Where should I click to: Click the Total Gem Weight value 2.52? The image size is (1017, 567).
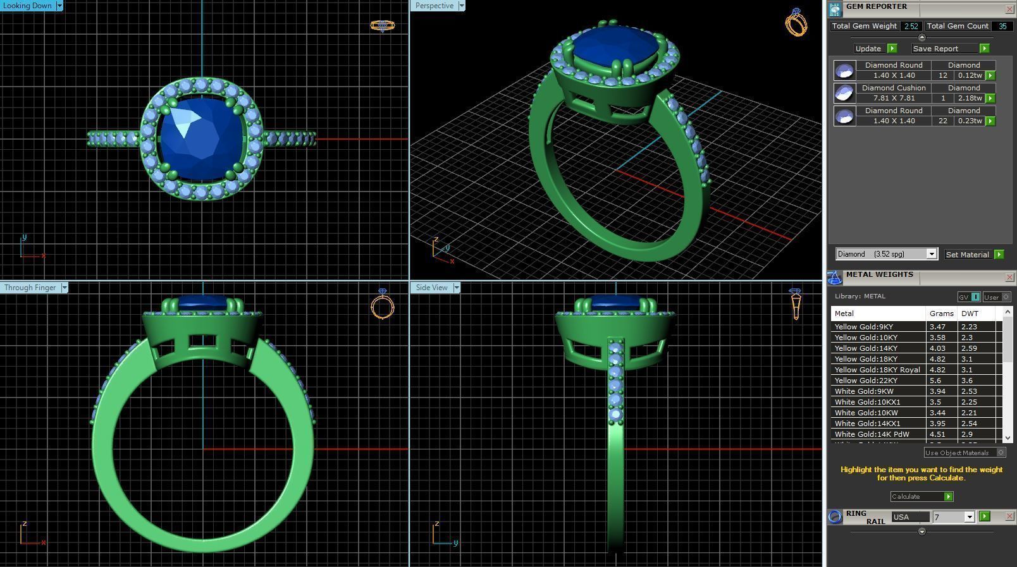911,26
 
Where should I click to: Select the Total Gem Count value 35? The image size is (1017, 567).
1002,26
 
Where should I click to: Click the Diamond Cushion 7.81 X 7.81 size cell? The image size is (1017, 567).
894,98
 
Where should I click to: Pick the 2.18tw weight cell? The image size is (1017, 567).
969,98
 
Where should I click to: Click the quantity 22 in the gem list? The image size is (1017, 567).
942,121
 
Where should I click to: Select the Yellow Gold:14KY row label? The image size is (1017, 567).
866,348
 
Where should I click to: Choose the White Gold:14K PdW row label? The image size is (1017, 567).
872,434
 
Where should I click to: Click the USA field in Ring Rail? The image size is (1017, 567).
909,517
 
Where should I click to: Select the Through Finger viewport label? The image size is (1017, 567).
30,288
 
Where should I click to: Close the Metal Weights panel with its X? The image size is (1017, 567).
1009,277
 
